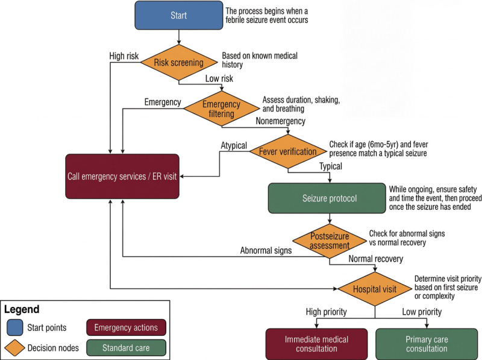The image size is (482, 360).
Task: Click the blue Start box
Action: click(x=178, y=16)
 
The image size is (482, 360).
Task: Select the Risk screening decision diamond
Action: click(x=179, y=63)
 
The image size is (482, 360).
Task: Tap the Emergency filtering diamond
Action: click(x=221, y=109)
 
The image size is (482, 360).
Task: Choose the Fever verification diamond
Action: click(x=288, y=151)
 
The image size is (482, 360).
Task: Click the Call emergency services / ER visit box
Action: click(x=122, y=176)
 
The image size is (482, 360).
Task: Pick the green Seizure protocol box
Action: click(x=327, y=198)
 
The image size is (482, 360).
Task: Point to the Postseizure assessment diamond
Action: click(x=330, y=241)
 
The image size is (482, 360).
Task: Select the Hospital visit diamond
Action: click(x=375, y=289)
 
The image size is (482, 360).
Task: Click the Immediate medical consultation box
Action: click(x=316, y=344)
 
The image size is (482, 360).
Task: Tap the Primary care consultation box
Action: click(x=427, y=344)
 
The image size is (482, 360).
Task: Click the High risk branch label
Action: click(x=124, y=56)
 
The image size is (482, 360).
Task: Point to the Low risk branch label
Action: click(x=219, y=78)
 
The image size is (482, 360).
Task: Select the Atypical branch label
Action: click(x=234, y=145)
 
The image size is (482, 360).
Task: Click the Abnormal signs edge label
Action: click(x=266, y=250)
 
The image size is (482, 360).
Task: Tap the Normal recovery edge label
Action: click(x=375, y=259)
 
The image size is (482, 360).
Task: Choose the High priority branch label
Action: click(x=326, y=312)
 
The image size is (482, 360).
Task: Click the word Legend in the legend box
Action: click(x=22, y=309)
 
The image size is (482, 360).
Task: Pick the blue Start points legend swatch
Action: click(x=14, y=327)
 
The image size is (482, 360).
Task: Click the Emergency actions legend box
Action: click(x=126, y=327)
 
